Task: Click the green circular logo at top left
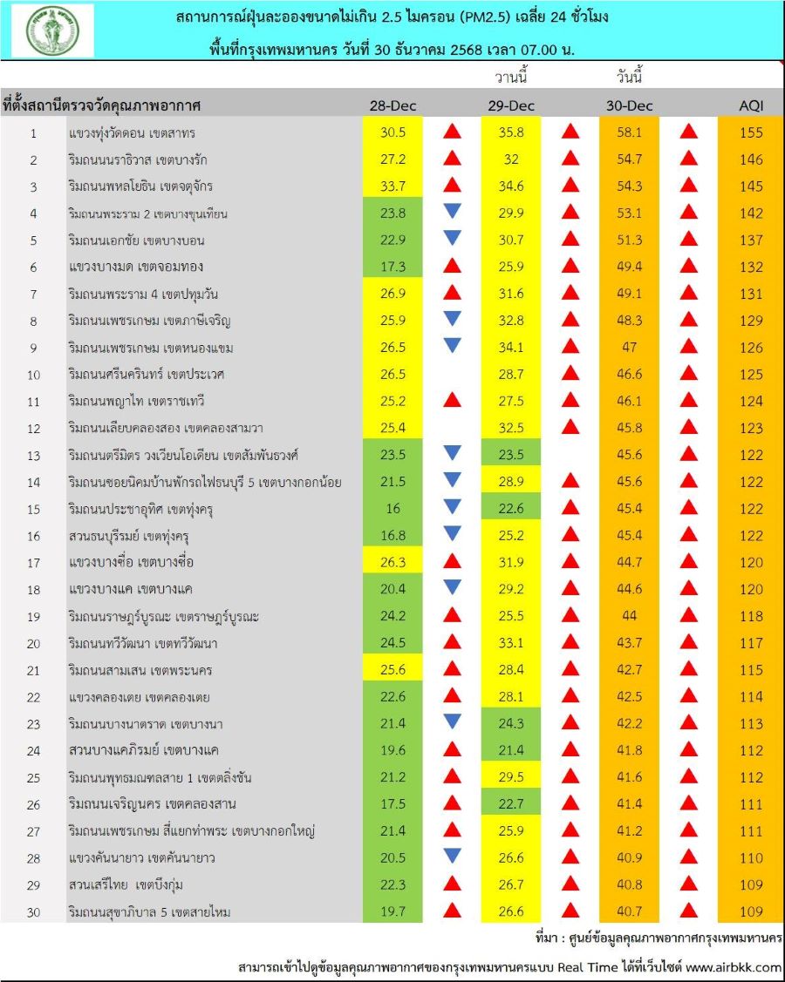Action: point(52,30)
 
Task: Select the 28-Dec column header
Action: point(392,106)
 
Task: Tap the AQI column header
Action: point(751,106)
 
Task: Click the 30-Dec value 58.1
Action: point(630,132)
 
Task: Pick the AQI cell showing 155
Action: point(751,132)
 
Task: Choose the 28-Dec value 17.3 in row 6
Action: point(392,267)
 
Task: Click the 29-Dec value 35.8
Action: point(510,132)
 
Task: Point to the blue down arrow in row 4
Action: point(452,211)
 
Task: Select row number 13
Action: point(33,455)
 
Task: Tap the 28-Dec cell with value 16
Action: point(392,509)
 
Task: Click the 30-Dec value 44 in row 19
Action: point(630,616)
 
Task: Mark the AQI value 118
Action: point(751,616)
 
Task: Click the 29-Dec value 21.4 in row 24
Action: point(510,750)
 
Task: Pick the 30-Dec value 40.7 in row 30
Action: point(630,911)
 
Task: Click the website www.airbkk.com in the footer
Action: point(734,967)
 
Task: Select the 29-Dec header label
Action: point(510,106)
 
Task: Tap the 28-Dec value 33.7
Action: point(392,186)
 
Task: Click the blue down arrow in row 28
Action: point(452,856)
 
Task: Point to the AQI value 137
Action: point(751,240)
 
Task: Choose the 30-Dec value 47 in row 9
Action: point(630,348)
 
